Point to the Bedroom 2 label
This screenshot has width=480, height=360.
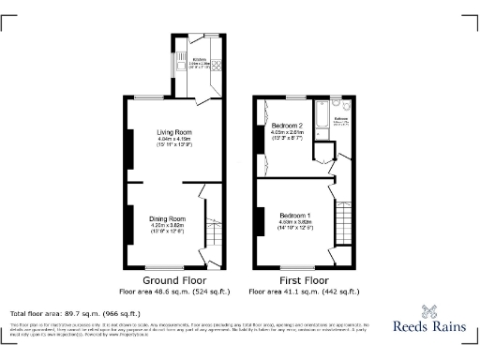click(x=287, y=126)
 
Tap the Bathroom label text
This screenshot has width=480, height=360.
click(x=341, y=119)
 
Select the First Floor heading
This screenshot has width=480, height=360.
click(x=304, y=279)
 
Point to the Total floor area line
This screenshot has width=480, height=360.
click(x=75, y=312)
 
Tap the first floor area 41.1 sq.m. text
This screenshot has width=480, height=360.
click(x=304, y=290)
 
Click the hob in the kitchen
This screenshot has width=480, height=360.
click(x=217, y=66)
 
